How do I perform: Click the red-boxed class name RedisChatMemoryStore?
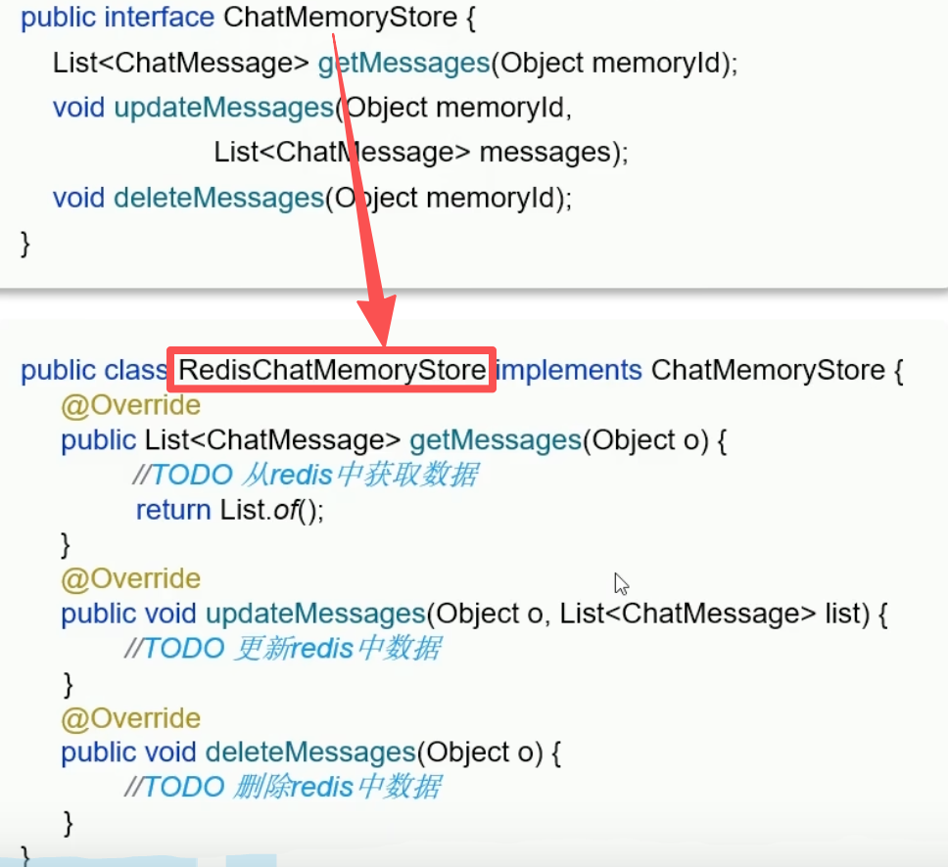coord(331,371)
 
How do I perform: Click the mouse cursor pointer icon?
coord(621,584)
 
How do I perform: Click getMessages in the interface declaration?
coord(403,64)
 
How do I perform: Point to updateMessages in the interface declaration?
coord(224,108)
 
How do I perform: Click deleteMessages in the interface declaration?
coord(218,198)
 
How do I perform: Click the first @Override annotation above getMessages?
coord(130,405)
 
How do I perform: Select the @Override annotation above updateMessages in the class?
coord(130,579)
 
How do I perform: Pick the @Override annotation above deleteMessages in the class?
coord(130,719)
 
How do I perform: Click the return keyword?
coord(173,510)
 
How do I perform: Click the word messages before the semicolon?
coord(545,153)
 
